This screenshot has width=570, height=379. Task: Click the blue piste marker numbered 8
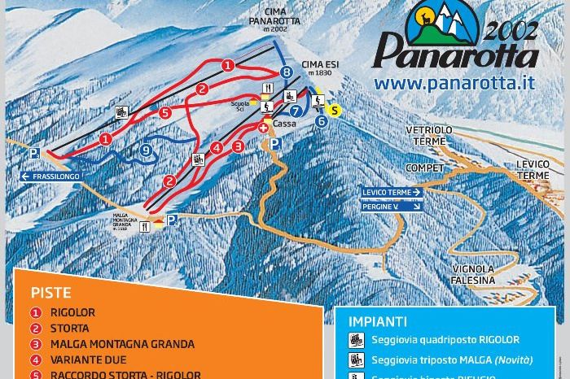pos(286,72)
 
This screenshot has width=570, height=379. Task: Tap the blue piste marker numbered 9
pos(146,150)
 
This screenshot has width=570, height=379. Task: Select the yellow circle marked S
pos(333,110)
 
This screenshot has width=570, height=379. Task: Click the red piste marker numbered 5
pos(165,113)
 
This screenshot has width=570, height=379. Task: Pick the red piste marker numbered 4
pos(217,148)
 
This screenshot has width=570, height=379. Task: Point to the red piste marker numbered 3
pos(238,146)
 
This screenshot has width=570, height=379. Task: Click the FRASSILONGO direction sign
pos(54,176)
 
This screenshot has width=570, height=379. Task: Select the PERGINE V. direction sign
pos(392,207)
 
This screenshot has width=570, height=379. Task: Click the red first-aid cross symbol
pos(263,129)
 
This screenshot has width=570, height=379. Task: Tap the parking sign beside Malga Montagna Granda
pos(171,220)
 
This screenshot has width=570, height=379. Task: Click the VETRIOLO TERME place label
pos(429,135)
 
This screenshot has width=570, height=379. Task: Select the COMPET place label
pos(425,168)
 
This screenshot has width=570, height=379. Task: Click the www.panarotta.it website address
pos(454,82)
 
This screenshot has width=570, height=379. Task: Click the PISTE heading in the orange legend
pos(51,293)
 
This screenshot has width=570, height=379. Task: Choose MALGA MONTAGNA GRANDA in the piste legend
pos(122,344)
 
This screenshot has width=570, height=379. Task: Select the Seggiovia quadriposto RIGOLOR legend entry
pos(445,340)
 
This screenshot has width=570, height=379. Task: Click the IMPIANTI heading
pos(377,321)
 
